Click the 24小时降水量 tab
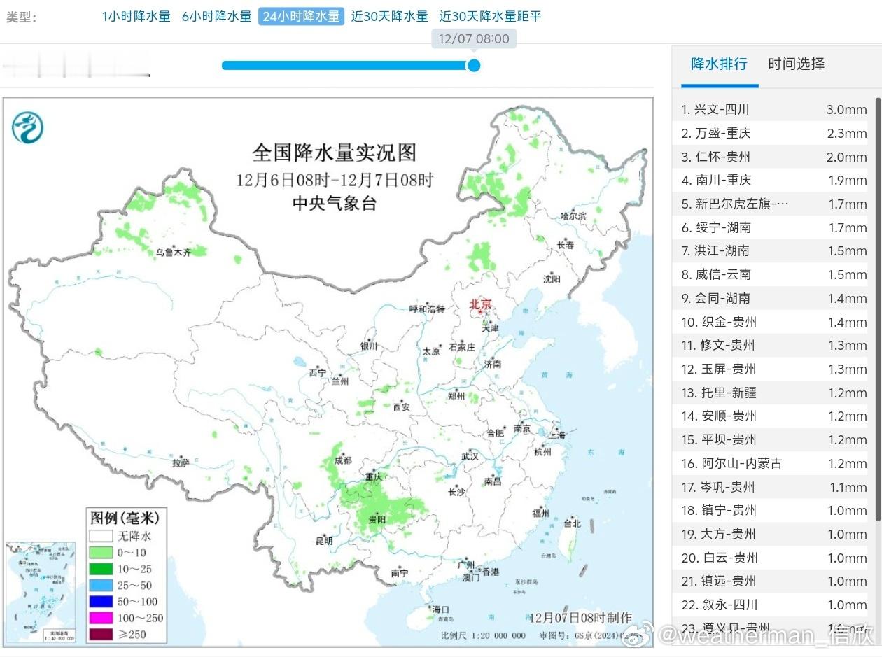point(301,16)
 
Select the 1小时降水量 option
point(136,16)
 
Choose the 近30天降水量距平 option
point(490,16)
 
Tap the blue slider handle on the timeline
point(474,65)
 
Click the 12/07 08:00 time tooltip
point(474,38)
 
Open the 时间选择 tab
point(796,64)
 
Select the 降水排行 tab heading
point(719,64)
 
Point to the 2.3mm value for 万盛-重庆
point(846,133)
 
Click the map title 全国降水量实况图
point(334,153)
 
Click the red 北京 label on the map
point(481,304)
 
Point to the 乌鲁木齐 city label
point(173,253)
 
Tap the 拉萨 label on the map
point(181,462)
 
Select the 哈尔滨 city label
point(573,216)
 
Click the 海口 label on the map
point(440,609)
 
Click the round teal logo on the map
point(28,127)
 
